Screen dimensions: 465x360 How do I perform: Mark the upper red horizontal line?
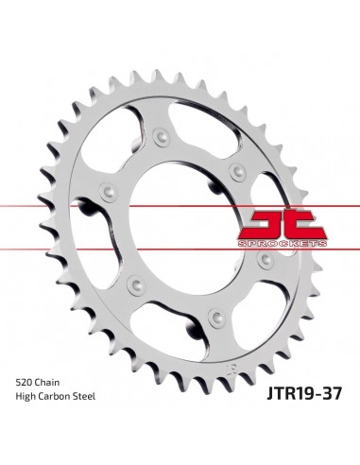click(x=180, y=202)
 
